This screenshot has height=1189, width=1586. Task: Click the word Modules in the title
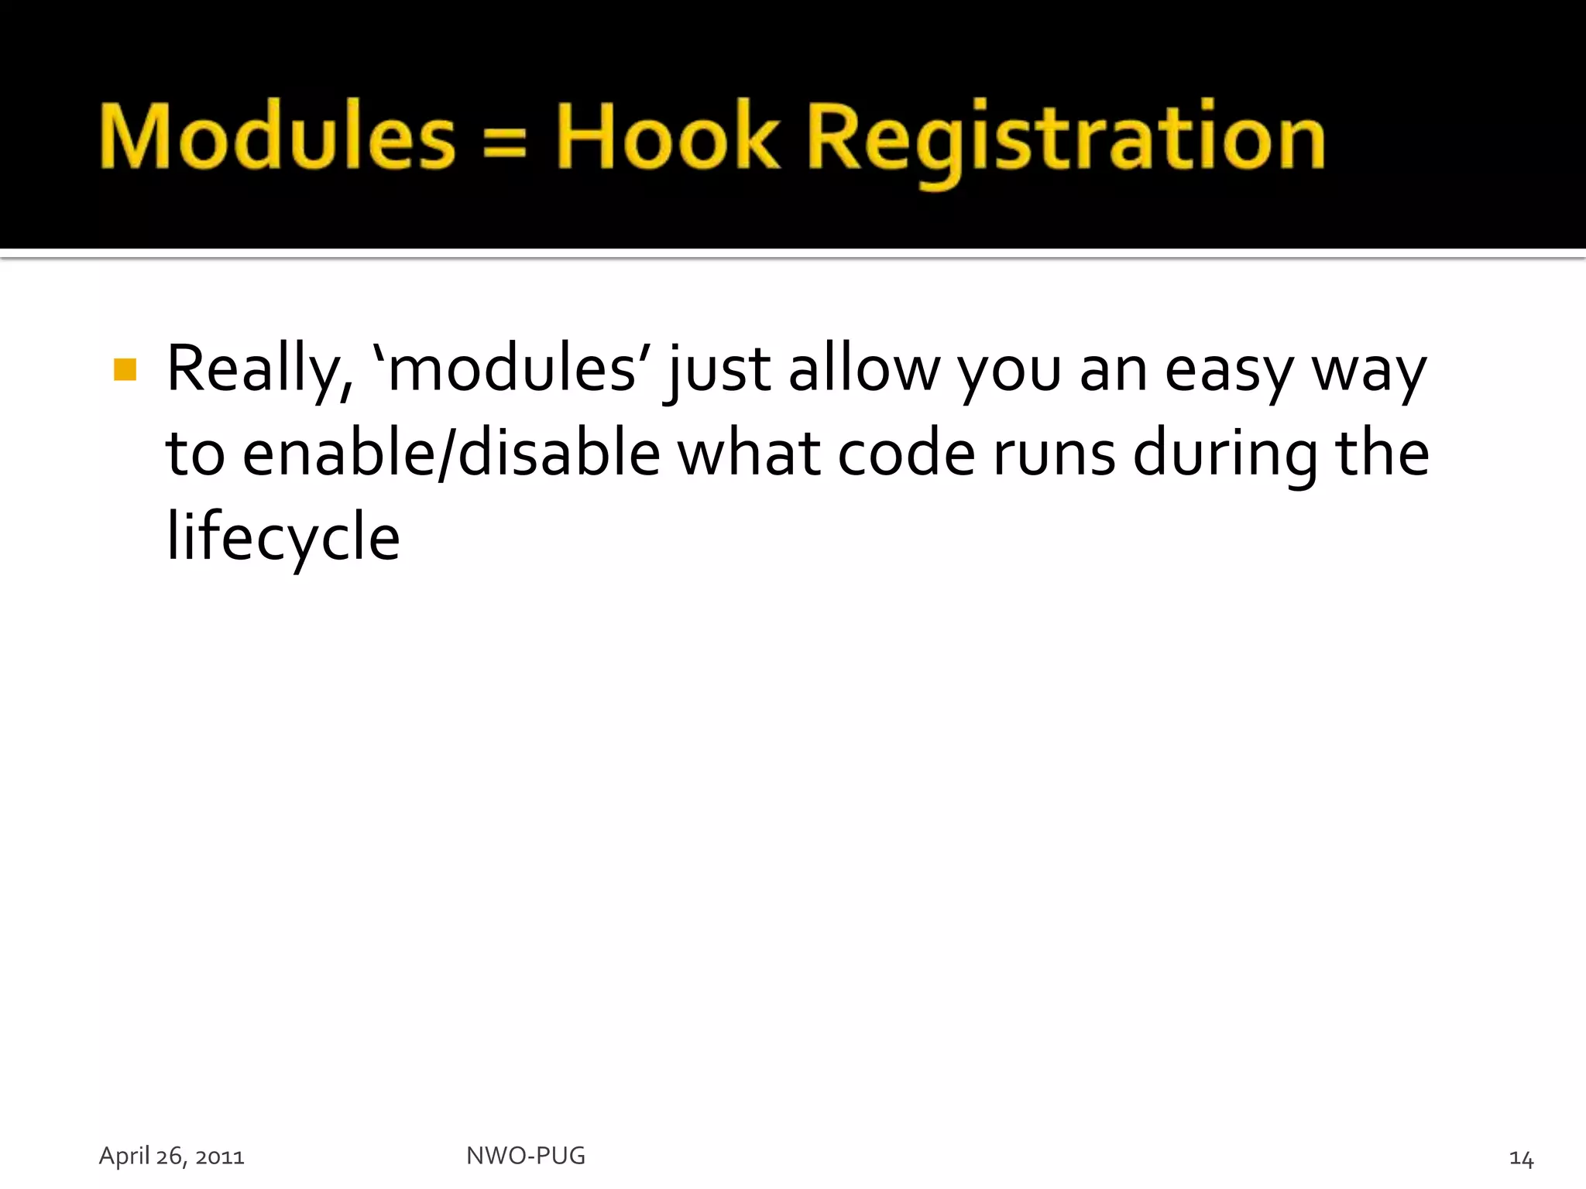click(277, 136)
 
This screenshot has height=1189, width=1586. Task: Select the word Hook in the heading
click(668, 136)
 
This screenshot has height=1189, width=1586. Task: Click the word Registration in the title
click(1066, 139)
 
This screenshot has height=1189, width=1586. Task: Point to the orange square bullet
click(125, 369)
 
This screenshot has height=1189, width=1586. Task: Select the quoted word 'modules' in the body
click(512, 369)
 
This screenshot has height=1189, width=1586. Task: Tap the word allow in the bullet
click(863, 369)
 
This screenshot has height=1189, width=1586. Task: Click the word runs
click(1054, 455)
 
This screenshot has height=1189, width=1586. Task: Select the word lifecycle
click(283, 537)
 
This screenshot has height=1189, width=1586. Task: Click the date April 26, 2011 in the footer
click(171, 1156)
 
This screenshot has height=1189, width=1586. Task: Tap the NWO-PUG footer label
click(526, 1156)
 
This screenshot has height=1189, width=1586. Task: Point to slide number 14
click(1521, 1159)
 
